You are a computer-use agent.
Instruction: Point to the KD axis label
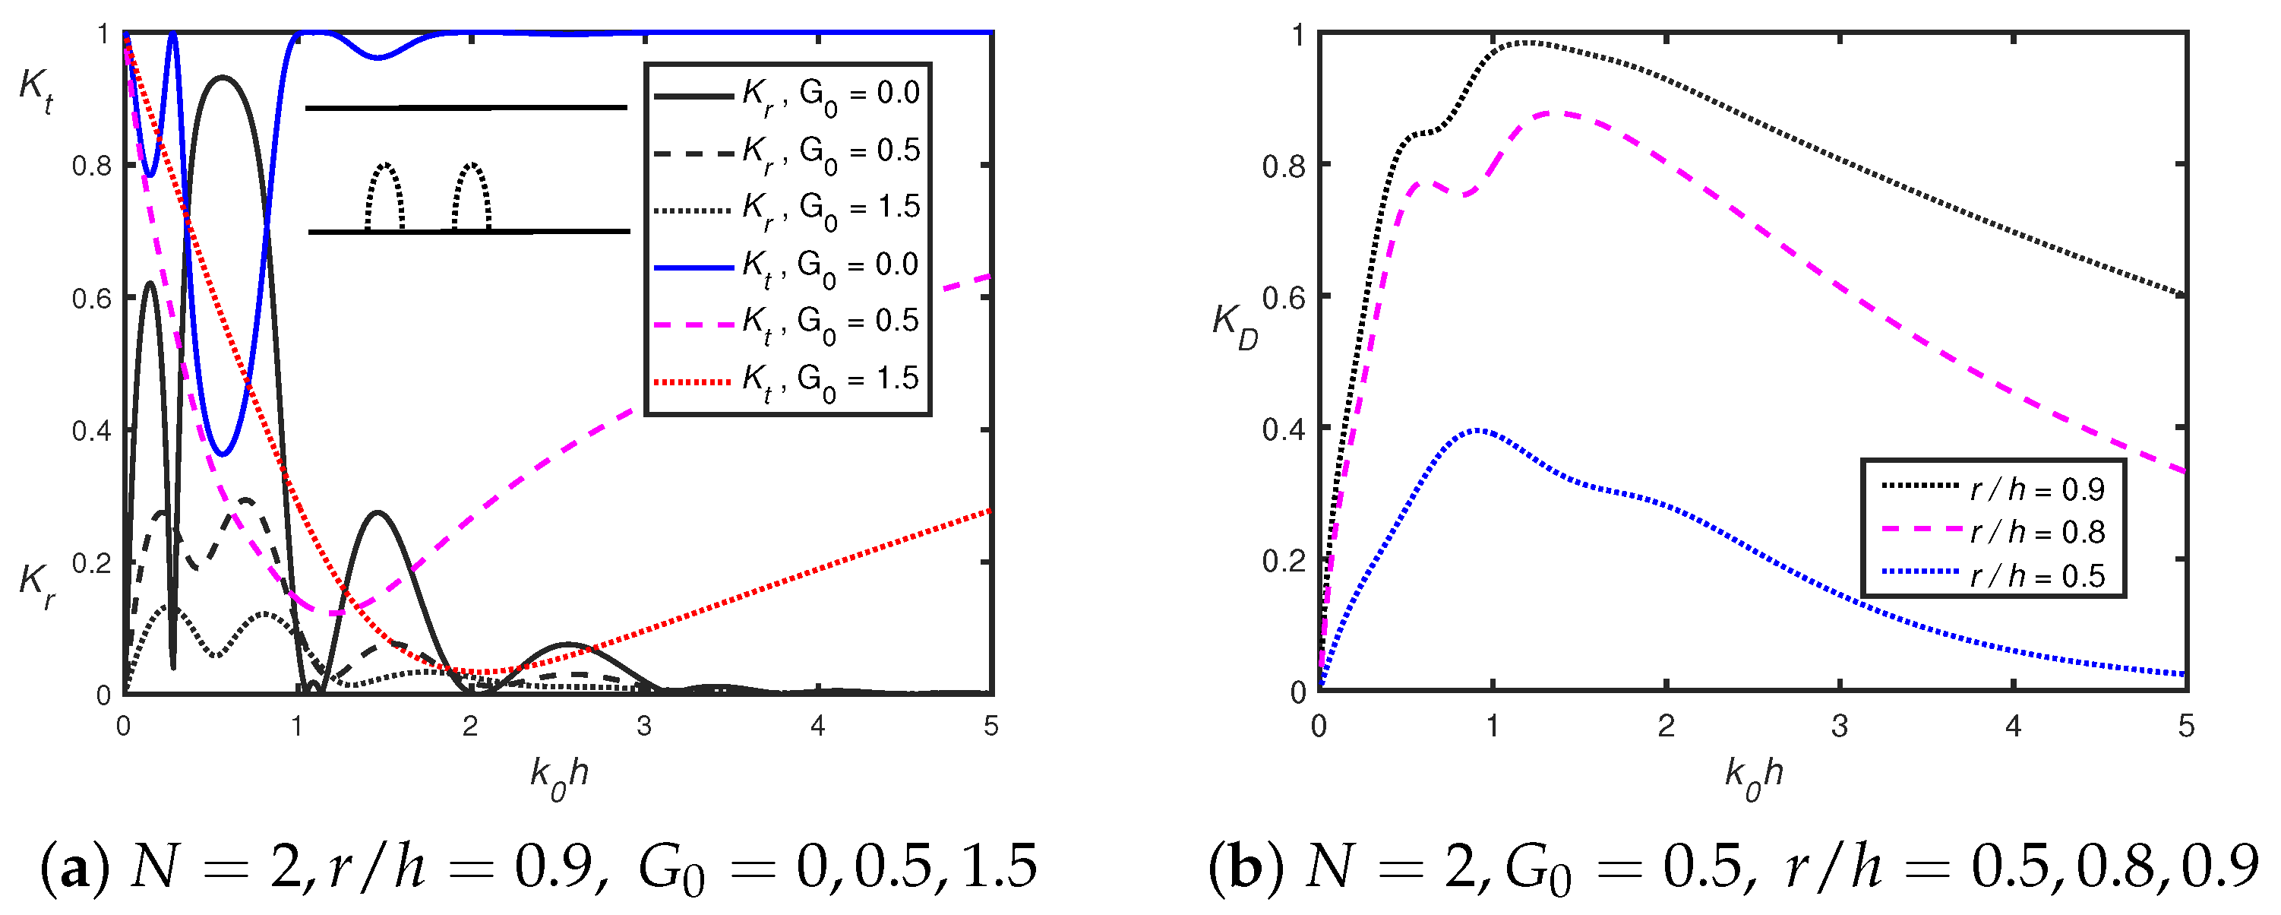[x=1234, y=327]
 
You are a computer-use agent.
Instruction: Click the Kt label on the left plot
[x=36, y=92]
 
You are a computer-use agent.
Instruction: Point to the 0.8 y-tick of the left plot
[x=92, y=166]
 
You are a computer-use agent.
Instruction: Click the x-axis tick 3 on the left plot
[x=644, y=727]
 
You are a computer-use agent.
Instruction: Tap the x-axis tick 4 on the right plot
[x=2014, y=727]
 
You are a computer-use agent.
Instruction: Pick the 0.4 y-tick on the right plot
[x=1284, y=429]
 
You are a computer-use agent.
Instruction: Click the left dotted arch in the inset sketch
[x=385, y=197]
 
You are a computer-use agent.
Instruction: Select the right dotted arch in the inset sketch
[x=471, y=197]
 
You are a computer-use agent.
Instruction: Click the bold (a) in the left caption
[x=75, y=867]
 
